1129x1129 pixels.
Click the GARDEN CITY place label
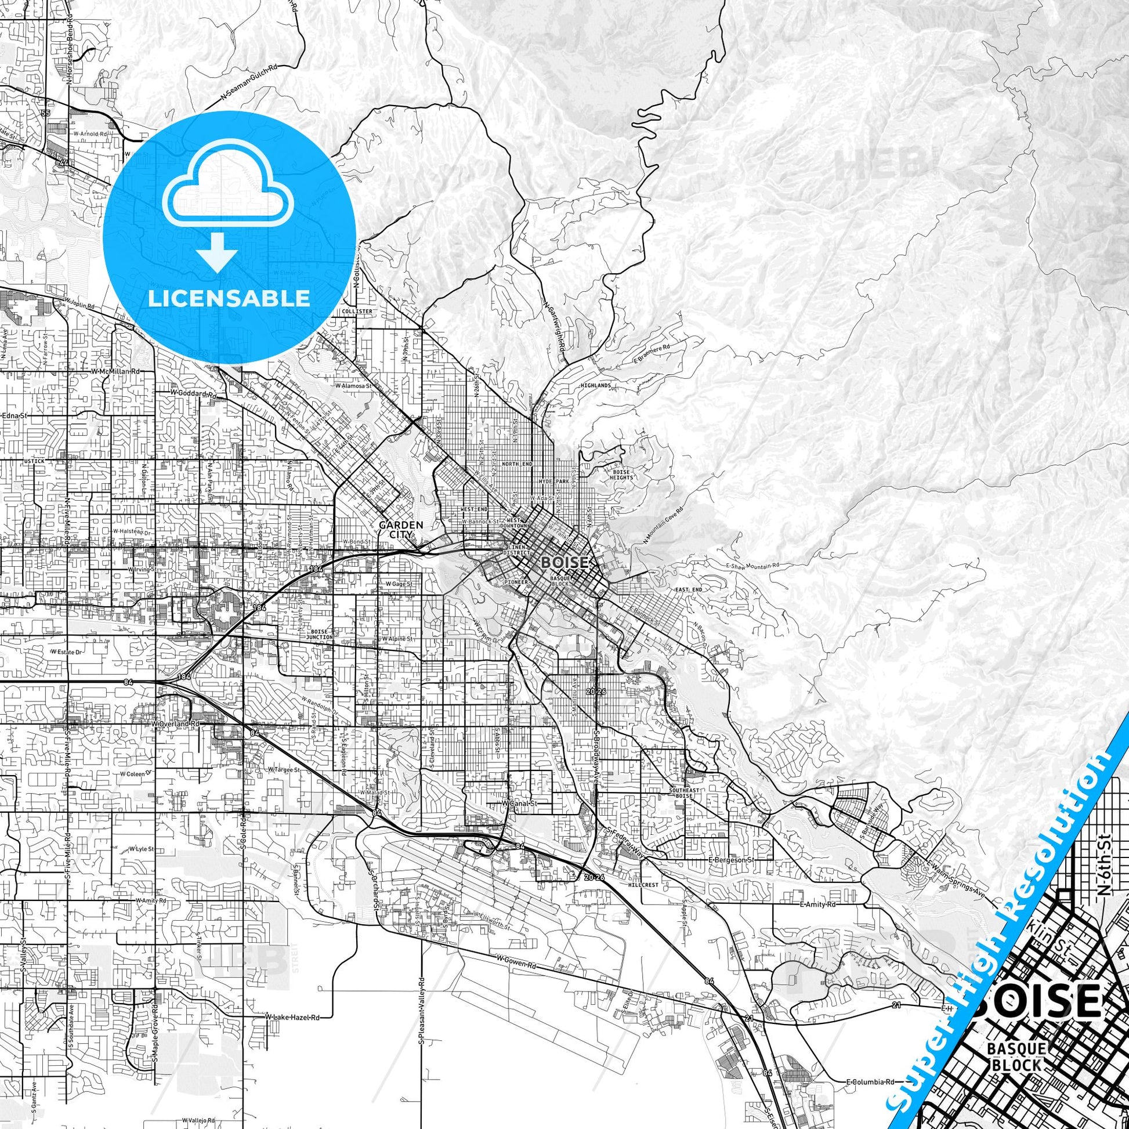(401, 530)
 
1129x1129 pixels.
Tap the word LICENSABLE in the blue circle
(229, 299)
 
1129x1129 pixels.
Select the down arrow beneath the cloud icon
(217, 252)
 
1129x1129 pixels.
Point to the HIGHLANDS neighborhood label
(595, 386)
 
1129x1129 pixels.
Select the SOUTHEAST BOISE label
(680, 793)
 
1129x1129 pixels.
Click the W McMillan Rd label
(115, 371)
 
